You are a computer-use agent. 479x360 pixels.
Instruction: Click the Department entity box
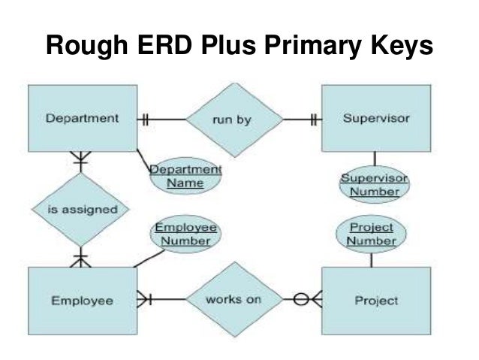[83, 118]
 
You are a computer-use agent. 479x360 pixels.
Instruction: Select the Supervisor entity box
[375, 118]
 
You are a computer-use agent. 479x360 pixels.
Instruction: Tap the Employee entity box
[83, 301]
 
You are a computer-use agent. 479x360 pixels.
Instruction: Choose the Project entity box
[375, 301]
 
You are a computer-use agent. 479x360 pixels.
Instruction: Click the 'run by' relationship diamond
[235, 119]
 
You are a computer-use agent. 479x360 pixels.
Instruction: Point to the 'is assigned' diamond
[79, 208]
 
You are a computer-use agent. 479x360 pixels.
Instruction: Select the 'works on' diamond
[234, 299]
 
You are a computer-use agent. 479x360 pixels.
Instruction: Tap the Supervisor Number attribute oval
[375, 185]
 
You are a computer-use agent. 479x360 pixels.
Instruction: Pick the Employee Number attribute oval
[185, 234]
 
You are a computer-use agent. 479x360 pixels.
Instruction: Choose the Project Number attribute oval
[372, 234]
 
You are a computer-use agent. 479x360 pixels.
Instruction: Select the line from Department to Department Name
[144, 157]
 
